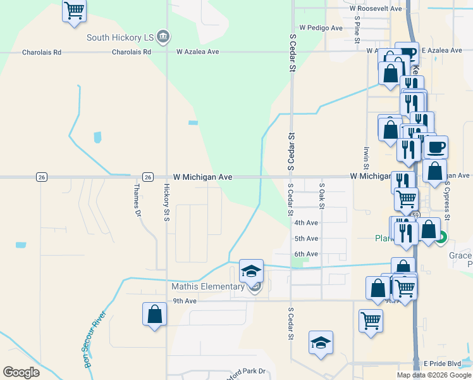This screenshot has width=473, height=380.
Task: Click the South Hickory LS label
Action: [x=120, y=37]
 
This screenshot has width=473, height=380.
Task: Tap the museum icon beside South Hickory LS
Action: [x=163, y=36]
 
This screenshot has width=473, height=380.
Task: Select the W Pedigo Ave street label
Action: [x=321, y=28]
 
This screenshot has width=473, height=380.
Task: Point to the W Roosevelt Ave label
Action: [x=376, y=9]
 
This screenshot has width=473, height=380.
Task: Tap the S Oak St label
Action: [x=322, y=196]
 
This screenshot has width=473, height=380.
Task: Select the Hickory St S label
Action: [x=166, y=203]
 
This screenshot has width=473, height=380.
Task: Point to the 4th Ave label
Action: [x=306, y=223]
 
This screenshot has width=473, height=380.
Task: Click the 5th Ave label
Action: [x=306, y=239]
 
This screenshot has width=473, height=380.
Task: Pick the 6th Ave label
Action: [x=306, y=254]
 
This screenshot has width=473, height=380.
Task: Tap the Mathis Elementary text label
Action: [x=208, y=286]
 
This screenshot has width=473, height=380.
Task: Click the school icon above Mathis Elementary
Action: [x=251, y=271]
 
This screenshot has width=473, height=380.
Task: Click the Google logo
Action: [x=21, y=372]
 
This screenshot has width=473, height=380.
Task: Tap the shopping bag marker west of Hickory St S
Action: [x=155, y=314]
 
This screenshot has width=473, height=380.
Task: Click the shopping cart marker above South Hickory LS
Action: [x=74, y=11]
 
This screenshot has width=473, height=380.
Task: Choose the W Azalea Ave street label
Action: [x=197, y=51]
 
